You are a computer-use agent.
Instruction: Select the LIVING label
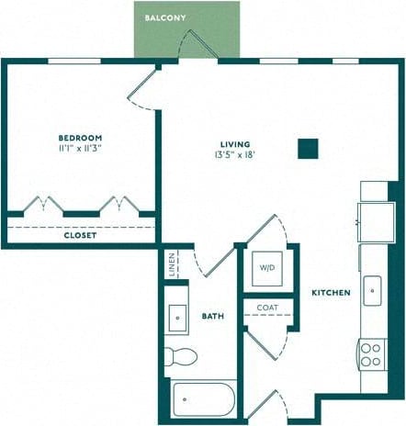point(233,142)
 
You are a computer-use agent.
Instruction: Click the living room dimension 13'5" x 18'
point(233,154)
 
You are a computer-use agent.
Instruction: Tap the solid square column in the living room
point(309,148)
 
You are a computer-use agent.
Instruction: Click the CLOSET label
point(81,235)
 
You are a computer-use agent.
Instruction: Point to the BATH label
point(213,316)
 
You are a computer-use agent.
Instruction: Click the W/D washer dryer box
point(267,268)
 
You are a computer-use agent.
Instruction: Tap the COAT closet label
point(267,308)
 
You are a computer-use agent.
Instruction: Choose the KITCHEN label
point(330,293)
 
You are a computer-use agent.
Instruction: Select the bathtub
point(203,400)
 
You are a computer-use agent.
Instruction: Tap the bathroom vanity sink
point(176,318)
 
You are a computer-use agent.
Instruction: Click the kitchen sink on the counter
point(373,290)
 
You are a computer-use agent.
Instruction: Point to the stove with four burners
point(372,353)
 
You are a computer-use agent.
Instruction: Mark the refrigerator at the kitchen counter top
point(375,219)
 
